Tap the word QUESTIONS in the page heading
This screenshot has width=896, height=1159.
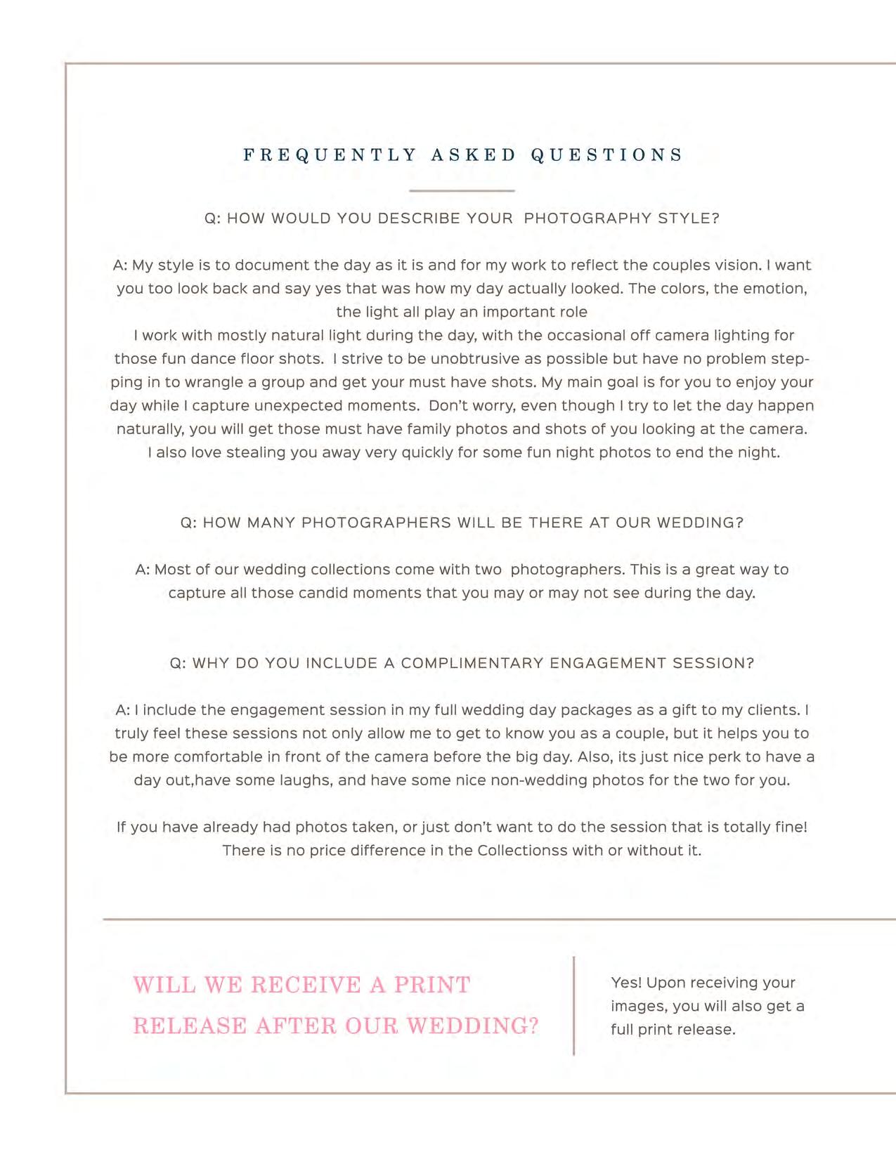[607, 155]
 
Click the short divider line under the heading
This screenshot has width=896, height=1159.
[462, 190]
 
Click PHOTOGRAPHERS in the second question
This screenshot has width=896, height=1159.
[376, 523]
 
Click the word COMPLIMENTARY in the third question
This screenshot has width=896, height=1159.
[472, 664]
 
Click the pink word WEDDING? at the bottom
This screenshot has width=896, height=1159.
[473, 1026]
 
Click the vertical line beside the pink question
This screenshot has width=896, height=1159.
[574, 1005]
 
